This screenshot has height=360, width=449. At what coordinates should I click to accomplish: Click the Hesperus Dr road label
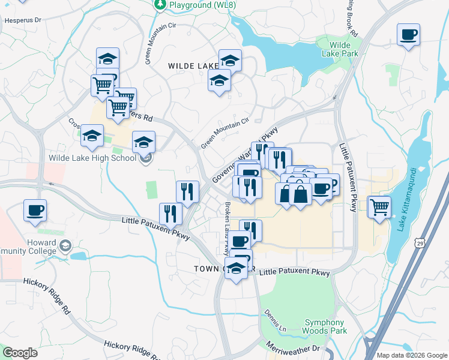(22, 20)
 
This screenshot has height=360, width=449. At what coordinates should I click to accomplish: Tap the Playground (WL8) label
(198, 5)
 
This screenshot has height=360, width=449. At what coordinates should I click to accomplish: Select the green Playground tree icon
(160, 5)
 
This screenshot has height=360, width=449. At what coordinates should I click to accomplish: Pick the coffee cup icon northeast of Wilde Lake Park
(408, 35)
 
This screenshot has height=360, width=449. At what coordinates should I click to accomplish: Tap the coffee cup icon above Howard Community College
(35, 211)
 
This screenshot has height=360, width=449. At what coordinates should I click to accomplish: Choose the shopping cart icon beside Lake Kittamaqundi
(379, 207)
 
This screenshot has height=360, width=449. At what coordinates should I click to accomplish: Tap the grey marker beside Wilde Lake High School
(145, 159)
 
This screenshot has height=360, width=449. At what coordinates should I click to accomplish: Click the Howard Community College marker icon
(65, 245)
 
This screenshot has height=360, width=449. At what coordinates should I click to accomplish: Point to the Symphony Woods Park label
(325, 326)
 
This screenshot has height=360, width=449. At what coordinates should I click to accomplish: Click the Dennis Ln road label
(273, 321)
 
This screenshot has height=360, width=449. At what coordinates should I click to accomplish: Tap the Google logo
(20, 353)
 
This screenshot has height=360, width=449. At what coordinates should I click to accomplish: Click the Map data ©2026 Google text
(411, 355)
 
